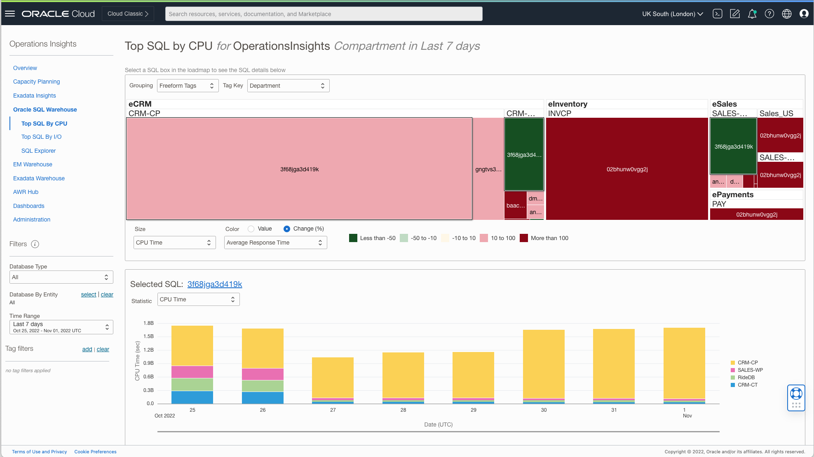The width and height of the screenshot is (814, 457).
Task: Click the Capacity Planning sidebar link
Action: tap(36, 82)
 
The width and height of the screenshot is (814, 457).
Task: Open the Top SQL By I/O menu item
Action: tap(41, 137)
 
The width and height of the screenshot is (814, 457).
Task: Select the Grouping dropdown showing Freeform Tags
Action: tap(188, 86)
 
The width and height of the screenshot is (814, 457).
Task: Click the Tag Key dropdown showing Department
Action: tap(288, 86)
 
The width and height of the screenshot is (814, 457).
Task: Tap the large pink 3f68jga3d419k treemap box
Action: tap(299, 169)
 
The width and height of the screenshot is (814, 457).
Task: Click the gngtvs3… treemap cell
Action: tap(488, 169)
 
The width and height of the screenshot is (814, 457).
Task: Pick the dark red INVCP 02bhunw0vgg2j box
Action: tap(627, 169)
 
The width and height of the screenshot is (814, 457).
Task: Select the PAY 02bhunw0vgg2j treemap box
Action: tap(756, 215)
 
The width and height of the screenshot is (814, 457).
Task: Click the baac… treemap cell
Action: tap(515, 205)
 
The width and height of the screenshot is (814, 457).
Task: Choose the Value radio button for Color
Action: tap(251, 229)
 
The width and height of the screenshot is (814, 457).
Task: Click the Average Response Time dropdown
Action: tap(275, 242)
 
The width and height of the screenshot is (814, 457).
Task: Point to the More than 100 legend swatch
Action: tap(524, 238)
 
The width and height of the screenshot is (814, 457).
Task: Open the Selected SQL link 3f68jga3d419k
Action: tap(215, 284)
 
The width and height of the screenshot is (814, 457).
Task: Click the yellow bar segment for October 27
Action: tap(333, 377)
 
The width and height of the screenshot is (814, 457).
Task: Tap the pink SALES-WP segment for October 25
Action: tap(192, 372)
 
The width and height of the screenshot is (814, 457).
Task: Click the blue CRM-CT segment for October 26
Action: tap(263, 398)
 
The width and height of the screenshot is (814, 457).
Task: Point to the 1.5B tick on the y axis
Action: tap(148, 336)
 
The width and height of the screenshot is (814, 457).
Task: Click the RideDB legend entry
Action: tap(746, 378)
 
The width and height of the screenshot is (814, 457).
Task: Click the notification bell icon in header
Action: tap(752, 14)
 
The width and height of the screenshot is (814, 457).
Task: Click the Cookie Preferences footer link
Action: tap(95, 452)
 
